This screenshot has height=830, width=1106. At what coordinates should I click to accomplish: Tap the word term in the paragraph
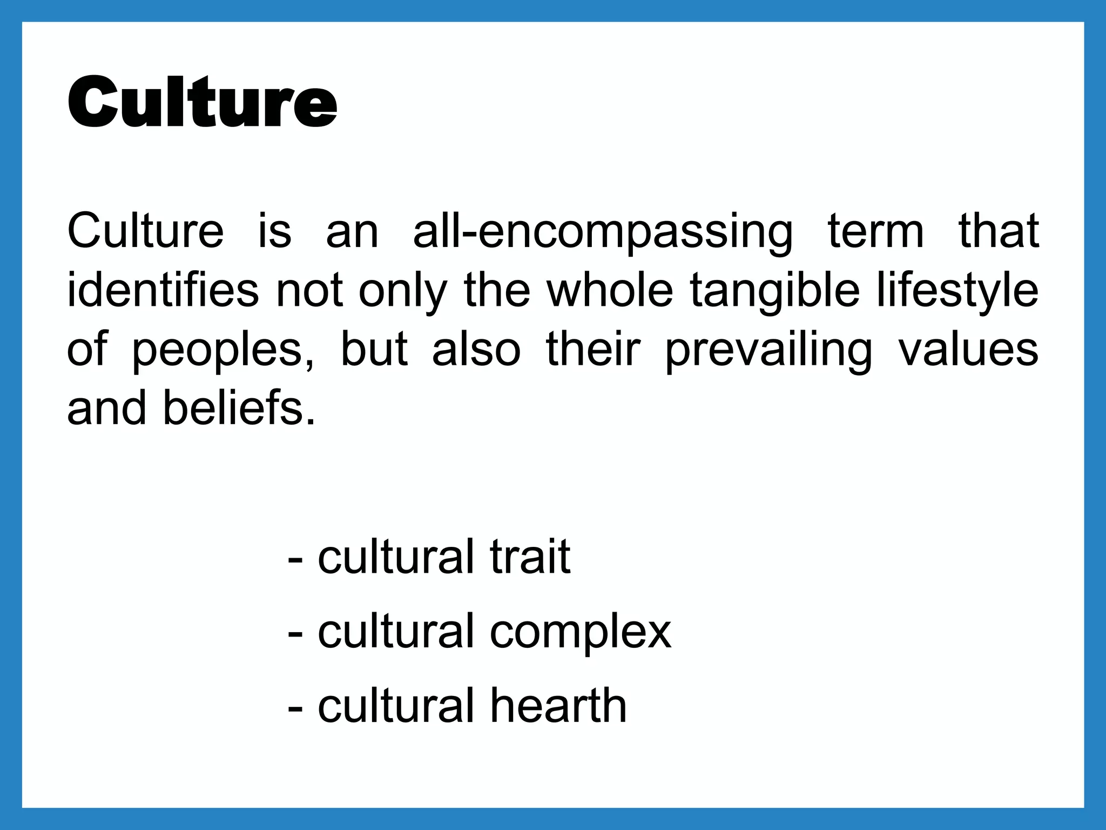pos(875,231)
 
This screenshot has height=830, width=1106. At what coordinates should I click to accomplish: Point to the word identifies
pos(163,291)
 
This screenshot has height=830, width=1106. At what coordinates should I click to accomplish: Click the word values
pos(968,349)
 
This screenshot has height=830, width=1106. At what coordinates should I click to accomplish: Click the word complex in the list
pos(581,632)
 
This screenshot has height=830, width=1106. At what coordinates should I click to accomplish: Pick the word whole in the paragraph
pos(610,291)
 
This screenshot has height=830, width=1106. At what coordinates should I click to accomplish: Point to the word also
pos(476,350)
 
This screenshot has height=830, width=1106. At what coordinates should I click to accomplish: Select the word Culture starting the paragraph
pos(145,231)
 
